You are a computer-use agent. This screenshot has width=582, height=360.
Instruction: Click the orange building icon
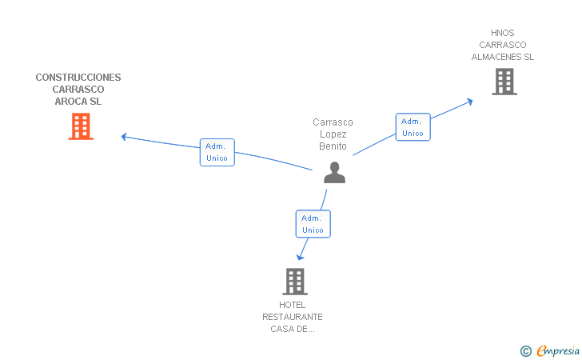[x=81, y=126]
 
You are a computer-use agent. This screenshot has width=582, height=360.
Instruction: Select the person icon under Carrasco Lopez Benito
[x=334, y=172]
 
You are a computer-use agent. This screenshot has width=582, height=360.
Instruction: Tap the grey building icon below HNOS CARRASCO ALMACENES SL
[x=504, y=82]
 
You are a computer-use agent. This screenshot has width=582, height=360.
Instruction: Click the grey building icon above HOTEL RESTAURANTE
[x=295, y=282]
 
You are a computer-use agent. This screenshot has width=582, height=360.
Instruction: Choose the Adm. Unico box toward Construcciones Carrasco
[x=217, y=152]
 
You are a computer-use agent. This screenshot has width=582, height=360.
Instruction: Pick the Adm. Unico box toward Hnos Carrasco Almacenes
[x=413, y=127]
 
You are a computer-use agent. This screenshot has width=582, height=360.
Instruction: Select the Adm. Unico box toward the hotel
[x=313, y=224]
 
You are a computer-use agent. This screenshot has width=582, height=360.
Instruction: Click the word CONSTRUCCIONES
[x=78, y=78]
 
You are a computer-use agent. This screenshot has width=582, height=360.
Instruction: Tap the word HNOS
[x=503, y=33]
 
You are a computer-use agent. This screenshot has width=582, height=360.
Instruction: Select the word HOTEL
[x=292, y=305]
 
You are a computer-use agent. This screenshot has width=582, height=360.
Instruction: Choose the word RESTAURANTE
[x=293, y=317]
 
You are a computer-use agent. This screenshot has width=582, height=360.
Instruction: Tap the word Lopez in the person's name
[x=333, y=134]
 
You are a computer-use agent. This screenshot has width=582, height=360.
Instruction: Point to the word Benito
[x=333, y=146]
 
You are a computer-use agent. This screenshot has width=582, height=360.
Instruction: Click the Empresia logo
[x=558, y=350]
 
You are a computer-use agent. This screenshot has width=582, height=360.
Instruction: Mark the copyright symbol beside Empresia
[x=526, y=351]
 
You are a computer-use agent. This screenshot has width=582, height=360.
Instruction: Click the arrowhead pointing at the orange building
[x=125, y=137]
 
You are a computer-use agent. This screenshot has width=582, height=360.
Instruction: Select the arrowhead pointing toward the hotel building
[x=301, y=257]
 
